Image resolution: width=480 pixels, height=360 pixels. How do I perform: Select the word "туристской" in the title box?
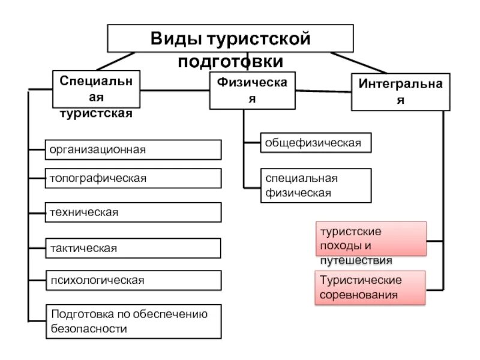click(x=259, y=40)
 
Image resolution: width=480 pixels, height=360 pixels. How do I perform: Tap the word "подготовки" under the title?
click(x=230, y=61)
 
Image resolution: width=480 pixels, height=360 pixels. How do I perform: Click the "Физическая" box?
click(x=252, y=91)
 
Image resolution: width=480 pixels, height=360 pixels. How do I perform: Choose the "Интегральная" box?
click(x=400, y=92)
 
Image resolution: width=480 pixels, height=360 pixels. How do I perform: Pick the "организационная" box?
click(x=133, y=149)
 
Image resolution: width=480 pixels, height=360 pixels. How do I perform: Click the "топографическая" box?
click(x=133, y=178)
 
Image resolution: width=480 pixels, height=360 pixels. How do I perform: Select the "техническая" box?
click(x=133, y=212)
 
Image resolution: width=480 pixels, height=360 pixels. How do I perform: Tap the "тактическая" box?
click(x=133, y=248)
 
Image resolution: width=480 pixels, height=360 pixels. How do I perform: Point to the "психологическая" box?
click(x=133, y=280)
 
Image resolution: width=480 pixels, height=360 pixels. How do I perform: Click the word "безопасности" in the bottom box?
click(x=89, y=329)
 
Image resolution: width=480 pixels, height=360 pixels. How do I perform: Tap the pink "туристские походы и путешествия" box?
click(x=371, y=239)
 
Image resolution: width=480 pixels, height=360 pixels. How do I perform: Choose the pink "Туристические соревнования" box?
click(x=371, y=287)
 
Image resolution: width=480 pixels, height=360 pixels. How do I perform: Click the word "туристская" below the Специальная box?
click(x=95, y=113)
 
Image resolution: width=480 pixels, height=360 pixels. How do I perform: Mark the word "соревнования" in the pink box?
click(x=359, y=295)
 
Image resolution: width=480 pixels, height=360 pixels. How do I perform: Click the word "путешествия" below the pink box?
click(x=355, y=260)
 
